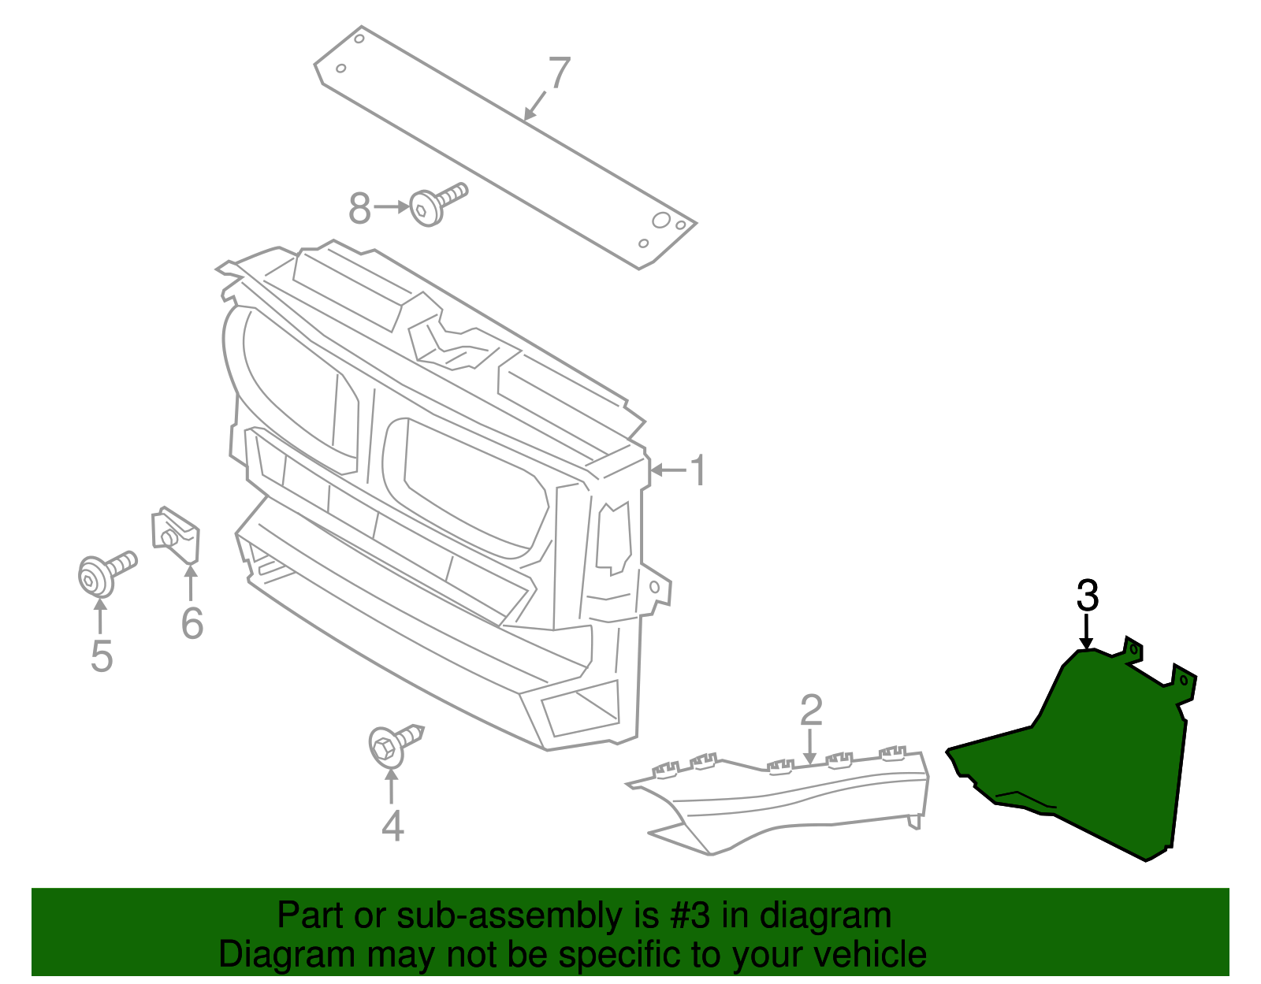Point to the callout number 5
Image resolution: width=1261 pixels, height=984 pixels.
(102, 656)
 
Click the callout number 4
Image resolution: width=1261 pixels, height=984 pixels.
(392, 826)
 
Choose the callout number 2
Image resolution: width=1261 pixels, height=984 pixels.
(811, 710)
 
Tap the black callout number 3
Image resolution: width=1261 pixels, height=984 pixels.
(1088, 596)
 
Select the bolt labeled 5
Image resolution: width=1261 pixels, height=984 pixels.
(106, 574)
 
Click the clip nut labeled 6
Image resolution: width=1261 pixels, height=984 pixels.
(175, 535)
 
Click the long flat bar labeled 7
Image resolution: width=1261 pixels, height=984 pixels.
(505, 148)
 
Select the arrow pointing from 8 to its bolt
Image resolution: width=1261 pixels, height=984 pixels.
(392, 207)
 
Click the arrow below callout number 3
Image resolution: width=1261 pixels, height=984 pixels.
(1086, 632)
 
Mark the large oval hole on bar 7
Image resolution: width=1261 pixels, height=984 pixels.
(661, 221)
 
